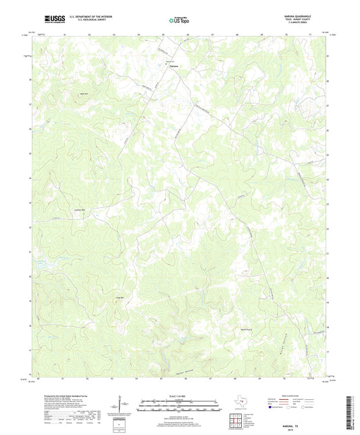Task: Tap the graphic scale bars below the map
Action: tap(180, 406)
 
